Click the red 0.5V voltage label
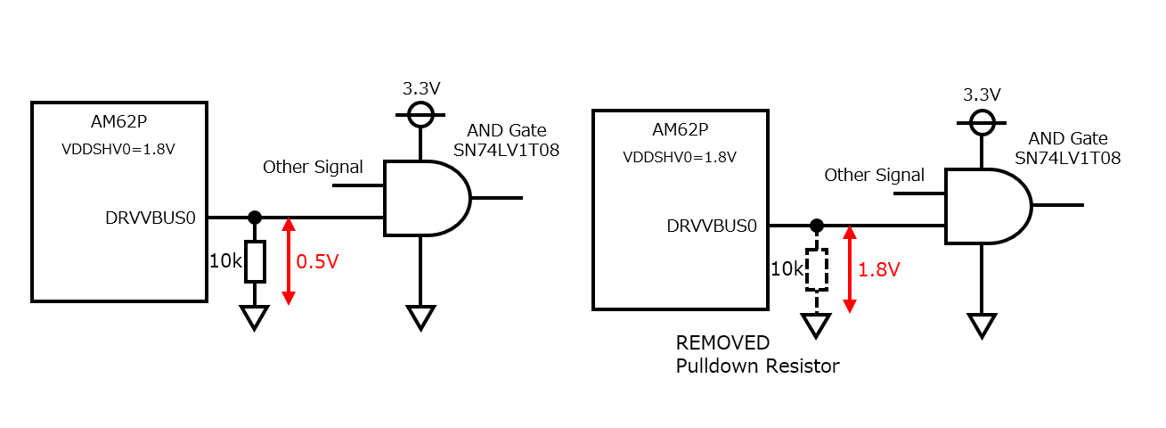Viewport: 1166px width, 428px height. tap(317, 261)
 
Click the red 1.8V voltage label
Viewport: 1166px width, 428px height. tap(878, 269)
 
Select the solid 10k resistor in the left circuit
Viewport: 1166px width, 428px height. tap(255, 261)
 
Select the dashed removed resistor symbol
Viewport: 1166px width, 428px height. tap(817, 269)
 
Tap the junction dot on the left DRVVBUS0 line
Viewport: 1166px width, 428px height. tap(255, 218)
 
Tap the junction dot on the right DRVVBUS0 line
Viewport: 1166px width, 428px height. tap(817, 226)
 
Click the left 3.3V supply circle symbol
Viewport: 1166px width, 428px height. tap(420, 114)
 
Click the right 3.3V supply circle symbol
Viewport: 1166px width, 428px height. tap(982, 122)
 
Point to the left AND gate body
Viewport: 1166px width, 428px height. tap(428, 198)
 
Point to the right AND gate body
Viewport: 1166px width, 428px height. tap(989, 206)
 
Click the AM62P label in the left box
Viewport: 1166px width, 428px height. tap(118, 121)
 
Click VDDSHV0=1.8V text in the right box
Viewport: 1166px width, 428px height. tap(680, 157)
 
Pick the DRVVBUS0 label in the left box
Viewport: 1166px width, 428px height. tap(151, 218)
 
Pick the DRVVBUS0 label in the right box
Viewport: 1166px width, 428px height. tap(712, 226)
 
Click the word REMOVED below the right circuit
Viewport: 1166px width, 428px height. tap(722, 343)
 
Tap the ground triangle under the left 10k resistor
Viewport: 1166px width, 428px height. tap(255, 317)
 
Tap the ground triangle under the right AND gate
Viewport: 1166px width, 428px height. tap(982, 325)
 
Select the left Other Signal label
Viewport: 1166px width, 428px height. tap(313, 168)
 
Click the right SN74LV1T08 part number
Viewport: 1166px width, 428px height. tap(1068, 158)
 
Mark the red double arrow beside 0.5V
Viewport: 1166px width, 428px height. tap(289, 261)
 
